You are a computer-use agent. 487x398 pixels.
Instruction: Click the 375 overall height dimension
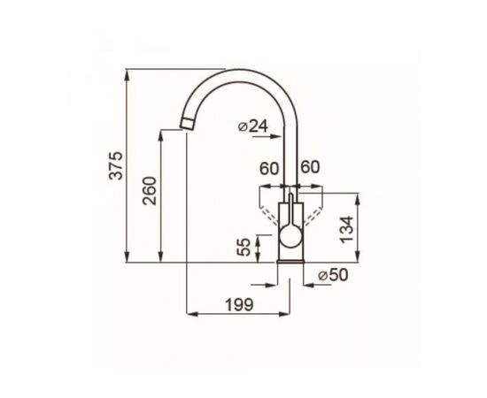point(118,165)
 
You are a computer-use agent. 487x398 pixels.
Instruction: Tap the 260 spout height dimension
point(149,190)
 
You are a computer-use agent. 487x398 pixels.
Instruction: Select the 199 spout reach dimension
point(239,304)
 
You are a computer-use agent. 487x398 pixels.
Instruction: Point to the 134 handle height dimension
point(346,229)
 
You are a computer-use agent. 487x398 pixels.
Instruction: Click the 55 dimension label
point(245,247)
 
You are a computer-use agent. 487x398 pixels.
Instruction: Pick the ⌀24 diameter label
point(253,126)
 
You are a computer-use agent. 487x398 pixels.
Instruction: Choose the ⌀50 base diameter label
point(333,275)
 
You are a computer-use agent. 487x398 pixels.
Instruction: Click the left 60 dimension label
point(269,169)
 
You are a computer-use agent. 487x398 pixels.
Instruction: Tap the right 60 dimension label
point(310,167)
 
